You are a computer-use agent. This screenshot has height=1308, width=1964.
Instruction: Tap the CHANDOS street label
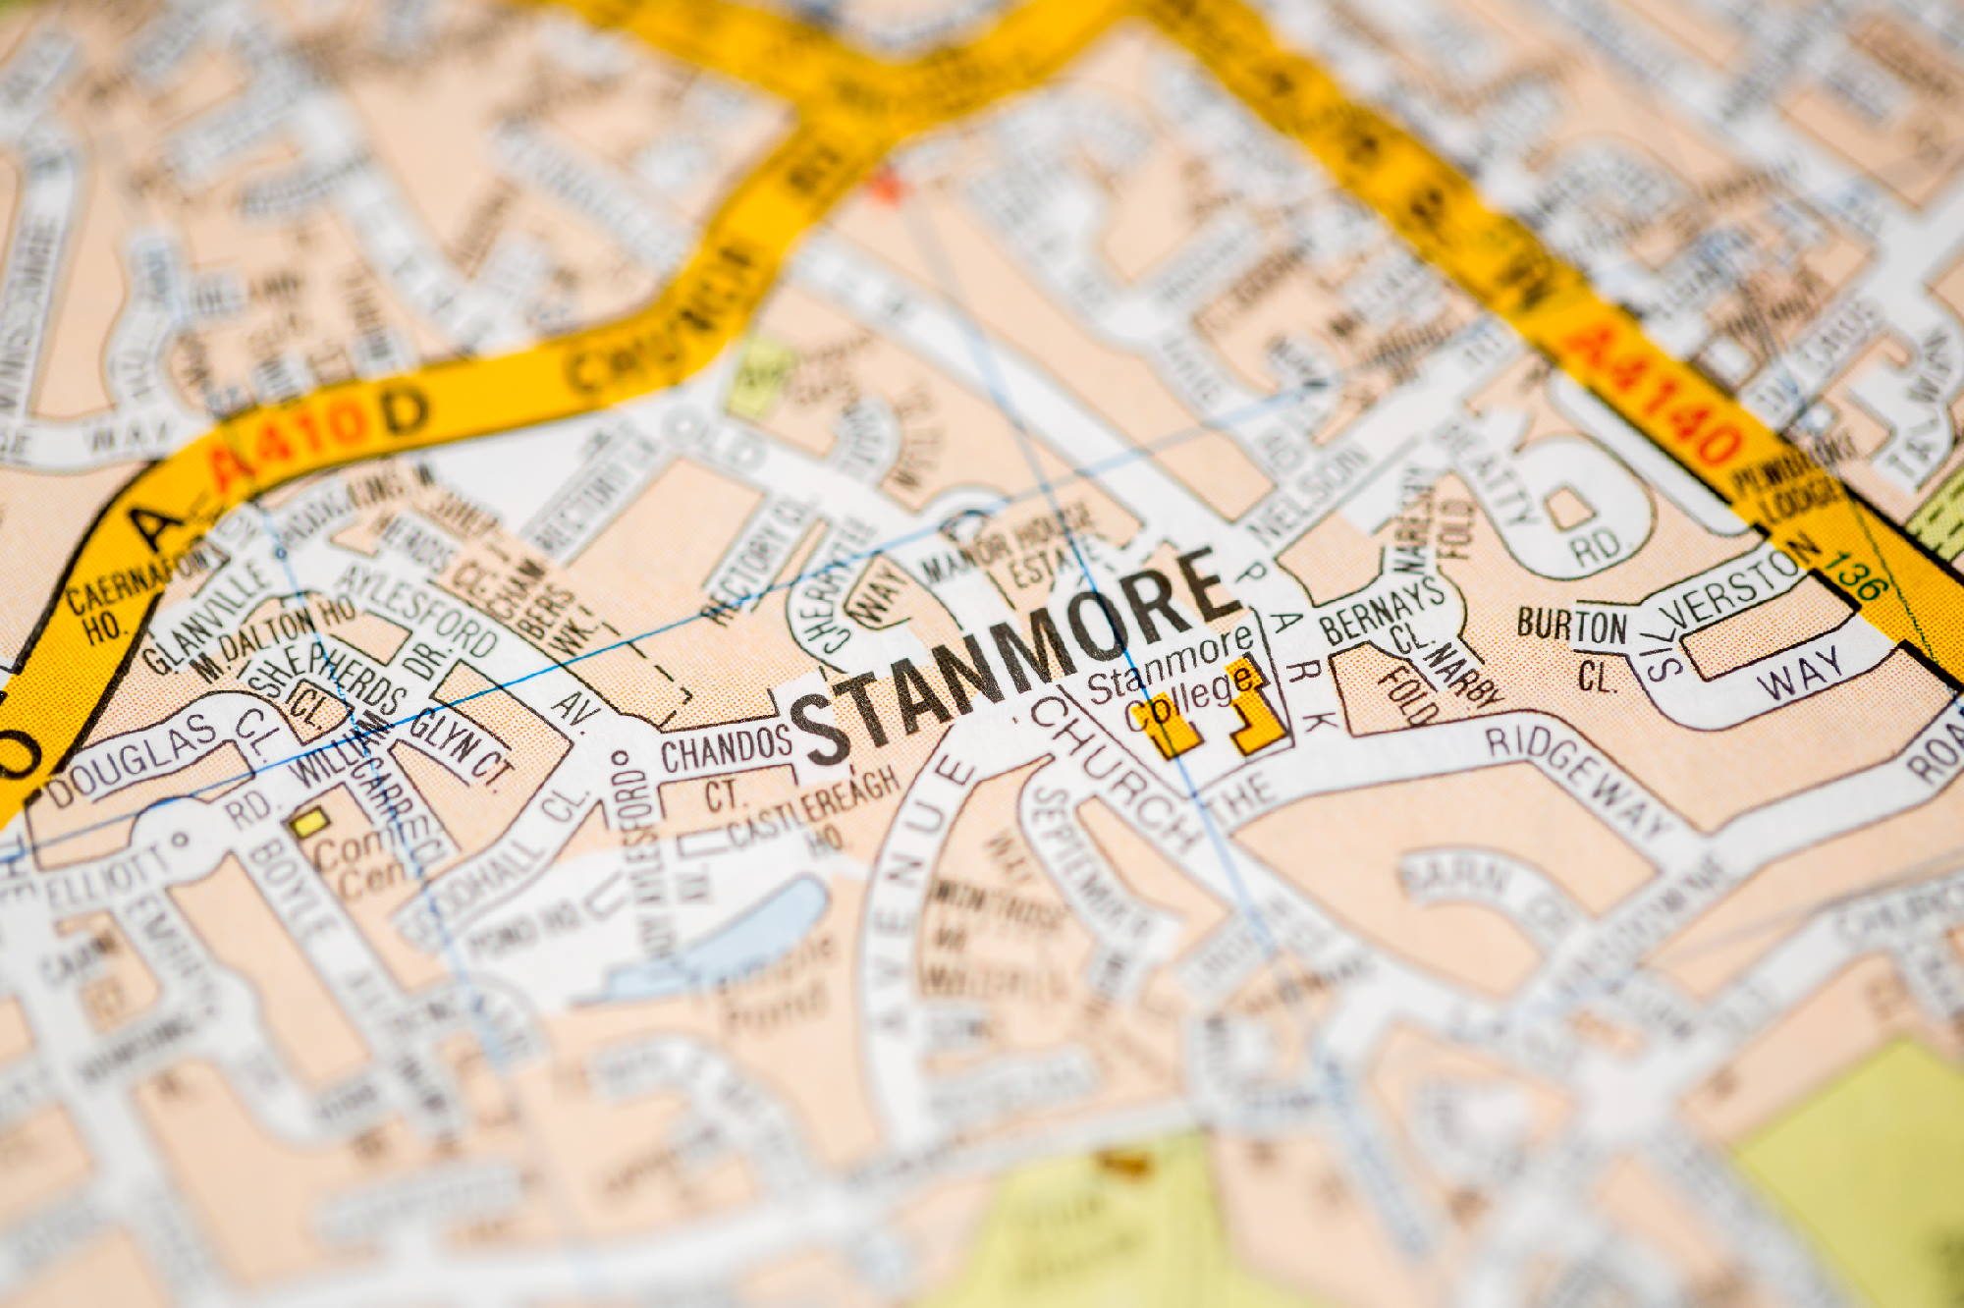(726, 751)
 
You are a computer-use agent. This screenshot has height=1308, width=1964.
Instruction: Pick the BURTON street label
(1571, 627)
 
